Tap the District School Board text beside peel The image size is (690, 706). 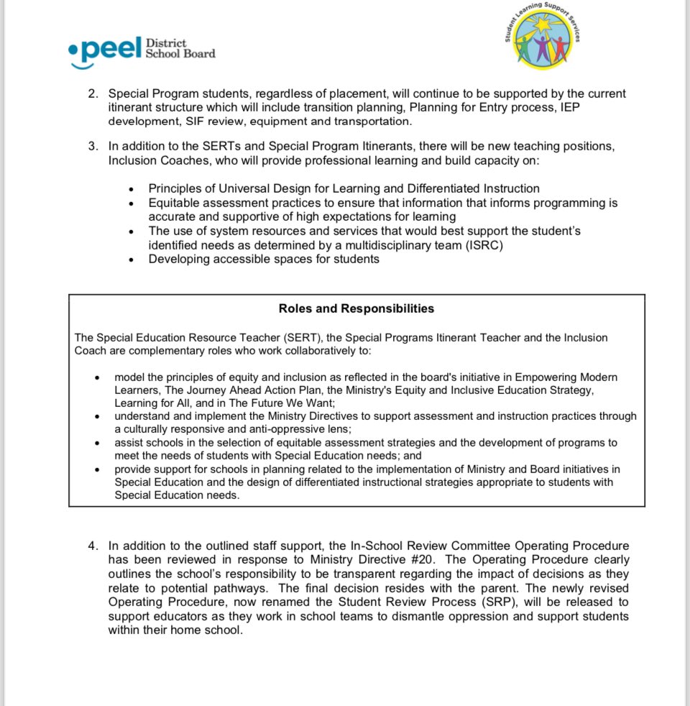(180, 48)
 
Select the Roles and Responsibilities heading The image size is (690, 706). (356, 308)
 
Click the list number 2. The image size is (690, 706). (93, 94)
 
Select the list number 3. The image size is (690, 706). (93, 147)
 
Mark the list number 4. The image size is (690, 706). (93, 546)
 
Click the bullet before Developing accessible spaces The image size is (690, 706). (131, 260)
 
